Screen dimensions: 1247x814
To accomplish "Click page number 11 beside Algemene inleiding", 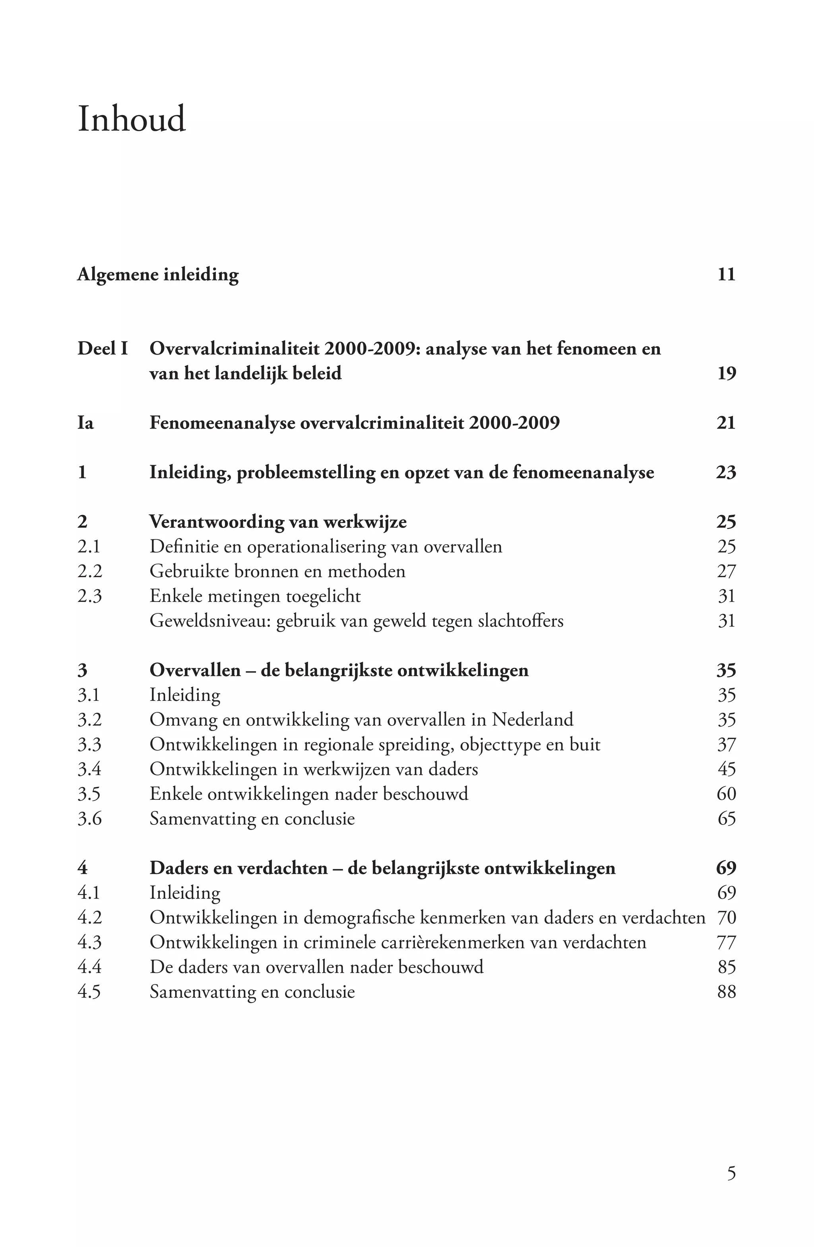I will point(726,275).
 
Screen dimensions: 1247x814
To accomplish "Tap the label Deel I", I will point(103,349).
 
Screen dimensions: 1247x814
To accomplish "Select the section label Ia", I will point(85,423).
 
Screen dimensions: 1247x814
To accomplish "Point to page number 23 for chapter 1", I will point(726,473).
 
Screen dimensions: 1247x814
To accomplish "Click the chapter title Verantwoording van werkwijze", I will point(277,522).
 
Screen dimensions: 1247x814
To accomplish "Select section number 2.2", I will point(89,571).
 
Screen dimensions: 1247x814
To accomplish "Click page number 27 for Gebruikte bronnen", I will point(726,571).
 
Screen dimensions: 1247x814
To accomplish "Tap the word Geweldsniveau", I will point(209,621).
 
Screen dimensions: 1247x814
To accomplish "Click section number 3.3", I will point(89,745).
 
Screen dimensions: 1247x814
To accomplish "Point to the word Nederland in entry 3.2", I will point(532,719).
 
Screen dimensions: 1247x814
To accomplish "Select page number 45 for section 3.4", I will point(727,769).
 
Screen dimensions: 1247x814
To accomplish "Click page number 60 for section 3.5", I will point(726,794).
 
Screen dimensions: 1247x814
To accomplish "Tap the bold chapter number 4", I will point(82,868).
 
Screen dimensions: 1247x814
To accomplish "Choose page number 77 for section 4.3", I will point(726,943).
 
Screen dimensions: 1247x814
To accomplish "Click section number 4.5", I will point(89,992).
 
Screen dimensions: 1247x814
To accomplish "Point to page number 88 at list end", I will point(726,992).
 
